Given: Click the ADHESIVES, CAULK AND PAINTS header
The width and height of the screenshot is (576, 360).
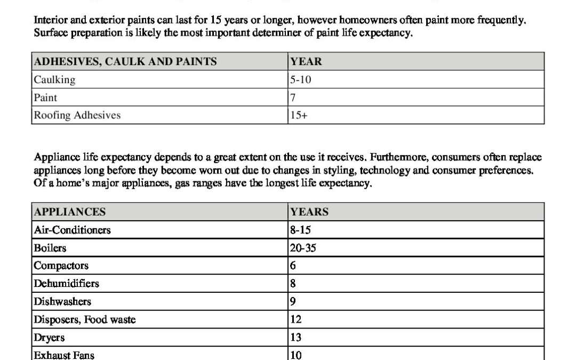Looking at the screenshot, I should (x=125, y=61).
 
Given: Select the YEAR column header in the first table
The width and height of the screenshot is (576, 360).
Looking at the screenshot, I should (x=306, y=61).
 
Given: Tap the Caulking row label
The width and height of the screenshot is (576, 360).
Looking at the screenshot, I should (x=55, y=79).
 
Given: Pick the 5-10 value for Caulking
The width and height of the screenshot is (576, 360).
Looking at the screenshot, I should (x=301, y=79).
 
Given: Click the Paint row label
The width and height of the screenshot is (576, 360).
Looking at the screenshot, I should (x=45, y=98).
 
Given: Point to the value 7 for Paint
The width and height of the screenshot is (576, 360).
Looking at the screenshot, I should (x=293, y=98).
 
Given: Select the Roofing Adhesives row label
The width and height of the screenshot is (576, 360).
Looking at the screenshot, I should (x=77, y=115).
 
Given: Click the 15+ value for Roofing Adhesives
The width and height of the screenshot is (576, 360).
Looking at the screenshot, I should (x=299, y=115).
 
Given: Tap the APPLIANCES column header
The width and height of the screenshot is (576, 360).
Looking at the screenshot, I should (x=70, y=212).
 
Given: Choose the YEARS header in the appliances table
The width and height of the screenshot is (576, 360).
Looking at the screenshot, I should (x=309, y=212).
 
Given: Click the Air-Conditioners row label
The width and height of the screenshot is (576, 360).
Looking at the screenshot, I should (x=73, y=230).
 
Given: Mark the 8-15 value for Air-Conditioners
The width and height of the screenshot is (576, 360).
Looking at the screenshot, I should (x=301, y=230).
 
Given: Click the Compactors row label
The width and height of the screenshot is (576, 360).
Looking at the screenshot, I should (x=61, y=266).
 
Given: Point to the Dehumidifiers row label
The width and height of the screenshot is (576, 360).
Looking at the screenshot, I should (x=67, y=284).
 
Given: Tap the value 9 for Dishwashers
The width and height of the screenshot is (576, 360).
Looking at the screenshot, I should (x=293, y=301).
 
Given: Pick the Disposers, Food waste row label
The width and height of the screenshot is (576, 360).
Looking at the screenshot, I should (x=85, y=319).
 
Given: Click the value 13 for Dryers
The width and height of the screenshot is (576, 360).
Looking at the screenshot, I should (x=296, y=337).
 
